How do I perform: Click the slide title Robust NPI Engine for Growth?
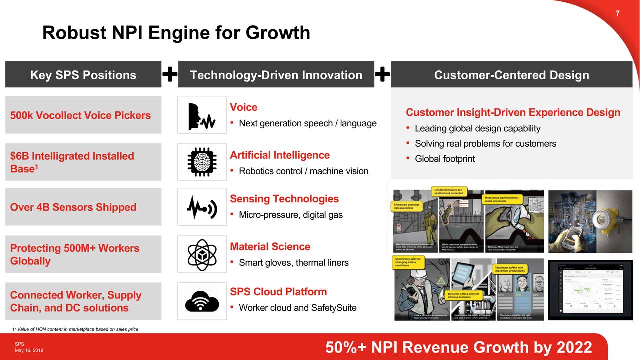coord(176,33)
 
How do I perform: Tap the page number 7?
coord(617,13)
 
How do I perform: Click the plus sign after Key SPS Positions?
coord(170,75)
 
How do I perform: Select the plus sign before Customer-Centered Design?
coord(382,75)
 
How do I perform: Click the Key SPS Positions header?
coord(83,75)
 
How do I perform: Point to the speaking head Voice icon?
coord(202,115)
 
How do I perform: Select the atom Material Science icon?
coord(202,254)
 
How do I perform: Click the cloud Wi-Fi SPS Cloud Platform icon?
coord(202,300)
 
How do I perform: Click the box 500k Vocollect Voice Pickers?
coord(83,115)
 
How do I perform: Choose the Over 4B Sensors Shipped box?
coord(83,207)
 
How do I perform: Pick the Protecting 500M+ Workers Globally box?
coord(83,254)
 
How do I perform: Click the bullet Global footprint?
coord(444,159)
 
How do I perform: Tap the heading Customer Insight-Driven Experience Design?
coord(513,112)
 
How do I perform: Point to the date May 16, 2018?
coord(29,350)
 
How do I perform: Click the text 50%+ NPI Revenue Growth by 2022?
coord(458,347)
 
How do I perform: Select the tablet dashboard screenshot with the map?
coord(590,290)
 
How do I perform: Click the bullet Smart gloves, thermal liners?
coord(293,263)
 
